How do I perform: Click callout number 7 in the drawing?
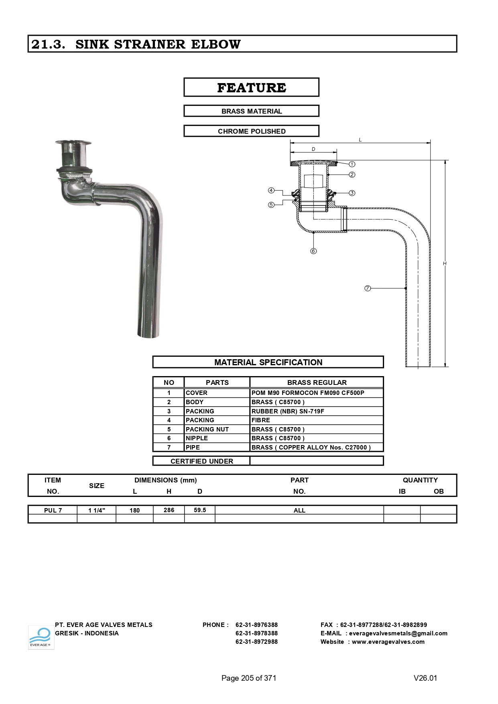coord(368,288)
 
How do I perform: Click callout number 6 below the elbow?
coord(313,251)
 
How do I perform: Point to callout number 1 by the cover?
coord(352,164)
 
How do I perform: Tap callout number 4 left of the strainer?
coord(271,190)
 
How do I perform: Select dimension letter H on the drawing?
coord(445,263)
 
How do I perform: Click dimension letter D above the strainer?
coord(313,149)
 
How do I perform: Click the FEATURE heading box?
coord(251,87)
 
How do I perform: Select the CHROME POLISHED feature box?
coord(251,131)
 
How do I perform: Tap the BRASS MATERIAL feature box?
coord(251,111)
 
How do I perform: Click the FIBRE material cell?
coord(261,420)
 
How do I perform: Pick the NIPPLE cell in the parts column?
coord(197,438)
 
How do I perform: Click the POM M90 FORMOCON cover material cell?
coord(308,393)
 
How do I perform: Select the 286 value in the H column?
coord(169,510)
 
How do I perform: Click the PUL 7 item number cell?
coord(53,511)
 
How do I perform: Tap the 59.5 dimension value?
coord(200,510)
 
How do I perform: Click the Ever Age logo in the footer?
coord(41,637)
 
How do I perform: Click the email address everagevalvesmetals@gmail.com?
coord(398,633)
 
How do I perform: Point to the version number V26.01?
coord(425,678)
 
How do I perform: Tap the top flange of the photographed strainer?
coord(73,142)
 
